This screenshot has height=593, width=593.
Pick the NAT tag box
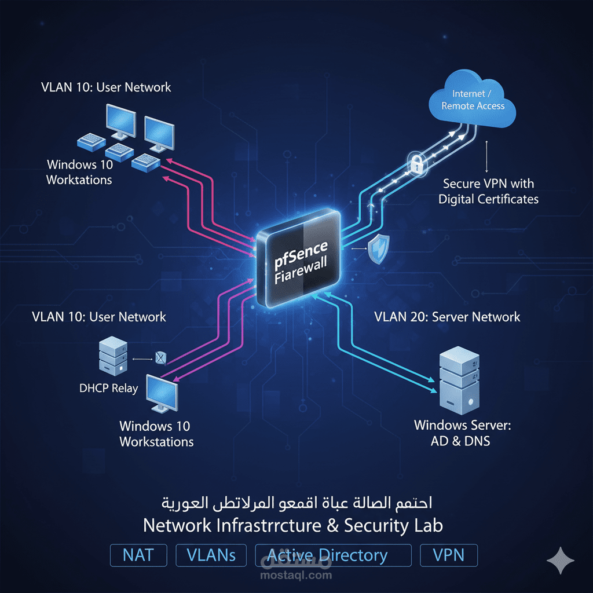tap(138, 555)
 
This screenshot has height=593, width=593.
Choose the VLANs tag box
tap(211, 555)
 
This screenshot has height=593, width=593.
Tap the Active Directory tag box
tap(333, 555)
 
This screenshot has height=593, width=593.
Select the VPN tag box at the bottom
tap(449, 555)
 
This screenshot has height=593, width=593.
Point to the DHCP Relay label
tap(108, 388)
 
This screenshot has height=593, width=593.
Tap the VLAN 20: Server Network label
tap(447, 317)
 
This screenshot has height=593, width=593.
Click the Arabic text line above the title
tap(296, 502)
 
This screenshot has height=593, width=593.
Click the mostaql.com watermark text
tap(296, 575)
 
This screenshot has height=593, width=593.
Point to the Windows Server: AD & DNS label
tap(462, 433)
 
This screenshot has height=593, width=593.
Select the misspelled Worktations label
tap(79, 172)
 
